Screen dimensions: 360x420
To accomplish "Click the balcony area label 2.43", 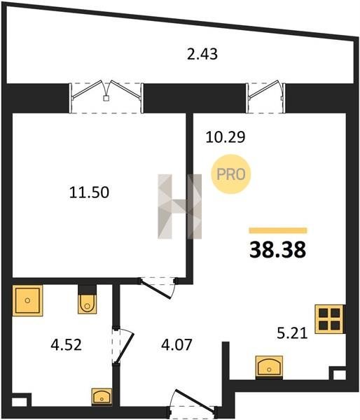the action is coord(202,54).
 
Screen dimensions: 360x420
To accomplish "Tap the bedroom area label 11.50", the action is coord(89,192).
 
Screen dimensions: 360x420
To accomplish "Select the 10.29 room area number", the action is coord(225,137).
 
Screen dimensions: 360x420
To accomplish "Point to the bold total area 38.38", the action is coord(277,249).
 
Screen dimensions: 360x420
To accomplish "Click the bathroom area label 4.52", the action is coord(66,344).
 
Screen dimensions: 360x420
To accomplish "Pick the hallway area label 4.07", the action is coord(176,344).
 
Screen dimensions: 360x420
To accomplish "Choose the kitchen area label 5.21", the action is coord(292,333).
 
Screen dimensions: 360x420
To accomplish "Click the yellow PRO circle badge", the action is coord(231,174).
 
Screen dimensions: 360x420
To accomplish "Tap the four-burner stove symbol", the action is coord(329,319).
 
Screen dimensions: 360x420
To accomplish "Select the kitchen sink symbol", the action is coord(269,367).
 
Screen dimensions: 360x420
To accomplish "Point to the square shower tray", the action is coord(27,300).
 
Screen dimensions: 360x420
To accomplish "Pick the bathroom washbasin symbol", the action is coord(102,396).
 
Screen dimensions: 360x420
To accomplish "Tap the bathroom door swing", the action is coord(123,346).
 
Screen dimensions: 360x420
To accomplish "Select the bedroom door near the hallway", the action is coord(158,288).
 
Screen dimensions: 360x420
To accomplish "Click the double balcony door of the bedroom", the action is coord(106,97).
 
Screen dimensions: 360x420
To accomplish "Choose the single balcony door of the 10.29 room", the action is coord(265,97).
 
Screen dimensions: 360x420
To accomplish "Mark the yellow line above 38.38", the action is coord(278,230).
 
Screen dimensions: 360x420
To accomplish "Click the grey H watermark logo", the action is coord(179,206).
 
